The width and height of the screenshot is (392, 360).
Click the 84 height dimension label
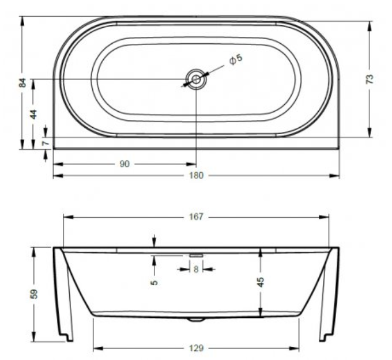tap(22, 83)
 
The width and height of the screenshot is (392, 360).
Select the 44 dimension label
tap(34, 114)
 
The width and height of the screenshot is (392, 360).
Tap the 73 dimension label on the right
tap(370, 79)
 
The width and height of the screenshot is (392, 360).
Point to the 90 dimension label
tap(125, 164)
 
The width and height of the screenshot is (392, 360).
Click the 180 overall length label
tap(196, 175)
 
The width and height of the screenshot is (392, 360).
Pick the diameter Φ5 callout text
tap(236, 59)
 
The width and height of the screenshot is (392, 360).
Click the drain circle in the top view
tap(196, 79)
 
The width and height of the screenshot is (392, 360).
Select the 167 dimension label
tap(196, 217)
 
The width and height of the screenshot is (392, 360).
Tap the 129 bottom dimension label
tap(196, 348)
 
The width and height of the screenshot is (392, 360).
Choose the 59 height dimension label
tap(34, 294)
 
